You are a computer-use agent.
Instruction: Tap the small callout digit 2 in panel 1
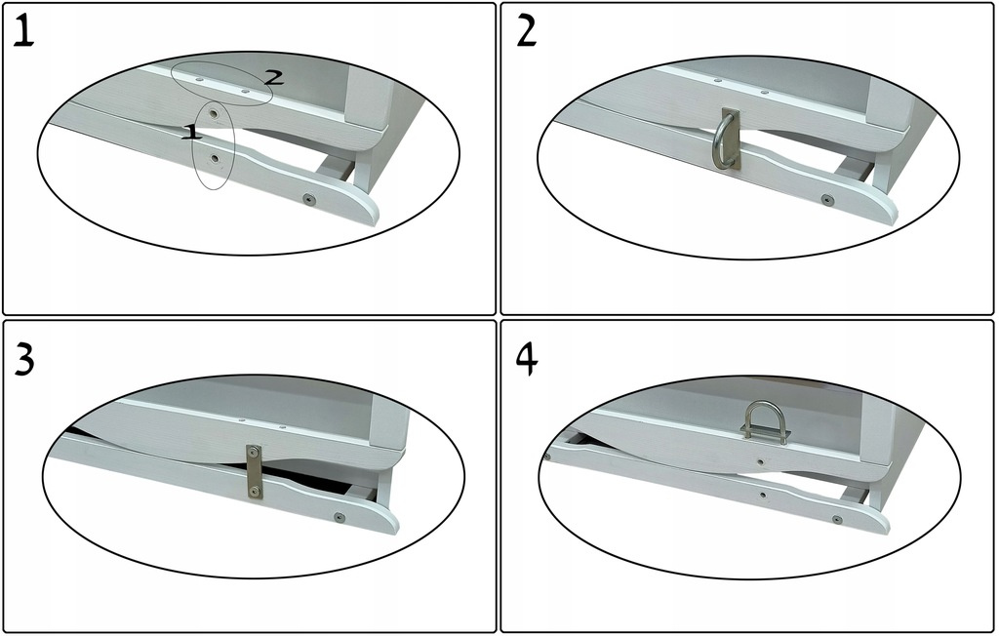[x=273, y=78]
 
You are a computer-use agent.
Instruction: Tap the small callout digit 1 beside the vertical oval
[x=192, y=132]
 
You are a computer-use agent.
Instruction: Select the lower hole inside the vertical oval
[x=215, y=157]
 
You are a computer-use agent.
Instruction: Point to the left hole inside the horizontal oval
[x=200, y=80]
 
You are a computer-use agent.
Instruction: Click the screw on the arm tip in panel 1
[x=309, y=199]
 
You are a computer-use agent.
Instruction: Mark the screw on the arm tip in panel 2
[x=827, y=199]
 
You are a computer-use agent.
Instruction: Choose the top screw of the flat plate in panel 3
[x=255, y=453]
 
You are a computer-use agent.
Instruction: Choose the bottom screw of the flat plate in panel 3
[x=255, y=492]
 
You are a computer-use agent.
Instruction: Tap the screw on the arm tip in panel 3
[x=339, y=517]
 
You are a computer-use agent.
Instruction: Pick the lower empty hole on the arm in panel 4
[x=764, y=494]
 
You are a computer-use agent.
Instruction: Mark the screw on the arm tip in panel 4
[x=836, y=519]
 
